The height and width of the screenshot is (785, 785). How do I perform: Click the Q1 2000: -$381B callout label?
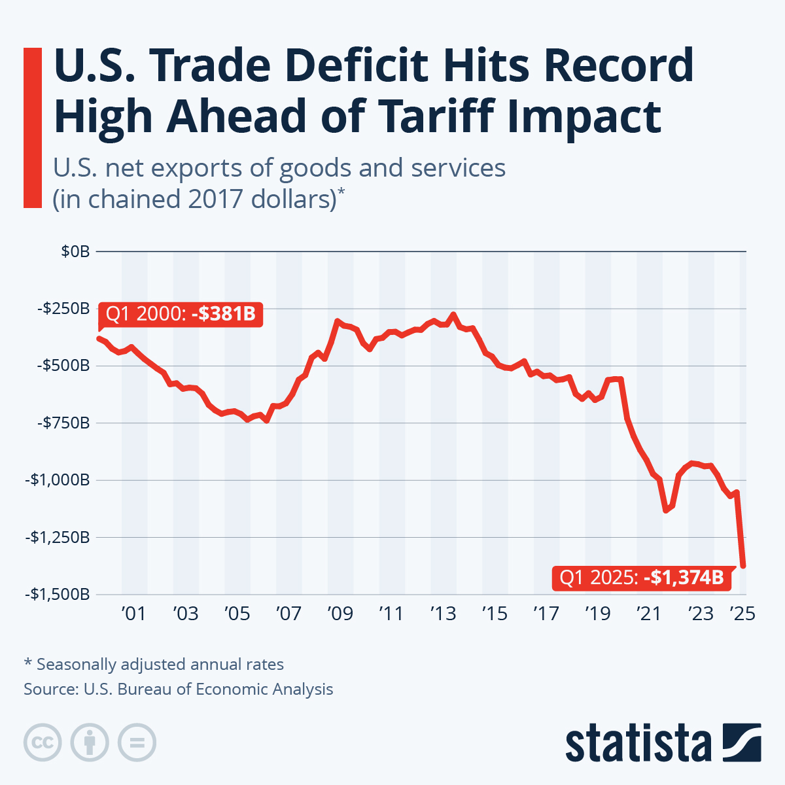click(180, 314)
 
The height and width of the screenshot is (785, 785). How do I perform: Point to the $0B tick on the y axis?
click(75, 251)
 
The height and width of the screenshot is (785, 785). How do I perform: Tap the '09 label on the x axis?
click(340, 614)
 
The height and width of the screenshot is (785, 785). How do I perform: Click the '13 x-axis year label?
click(443, 614)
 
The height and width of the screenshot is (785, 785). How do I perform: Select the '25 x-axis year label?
click(742, 614)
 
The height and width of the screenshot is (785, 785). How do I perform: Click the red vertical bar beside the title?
click(32, 128)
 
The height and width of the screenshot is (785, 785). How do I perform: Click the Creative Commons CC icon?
click(43, 742)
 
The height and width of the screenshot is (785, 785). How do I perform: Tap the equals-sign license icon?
click(137, 742)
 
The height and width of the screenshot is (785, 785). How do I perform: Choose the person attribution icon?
click(90, 742)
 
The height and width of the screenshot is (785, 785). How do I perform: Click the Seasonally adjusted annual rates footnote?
click(154, 665)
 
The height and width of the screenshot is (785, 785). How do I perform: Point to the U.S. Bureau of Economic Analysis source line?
click(178, 689)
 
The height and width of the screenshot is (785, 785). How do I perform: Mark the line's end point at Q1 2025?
click(744, 565)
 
